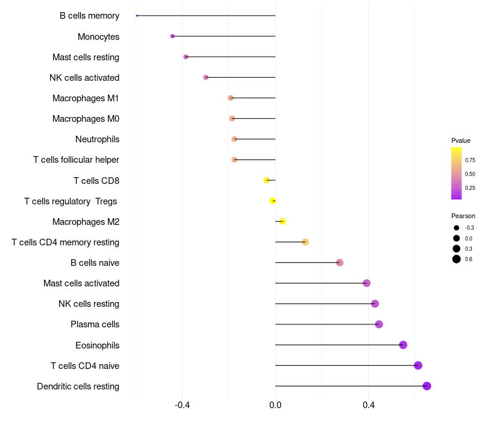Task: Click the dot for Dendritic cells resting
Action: (x=427, y=386)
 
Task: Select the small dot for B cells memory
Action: (x=137, y=16)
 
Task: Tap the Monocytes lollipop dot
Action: (x=172, y=36)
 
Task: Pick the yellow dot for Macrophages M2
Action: (x=283, y=221)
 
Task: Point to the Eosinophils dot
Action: (x=403, y=345)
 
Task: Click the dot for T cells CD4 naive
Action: (x=418, y=365)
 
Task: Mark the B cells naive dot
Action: (x=340, y=262)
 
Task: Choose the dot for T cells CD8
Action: (x=266, y=180)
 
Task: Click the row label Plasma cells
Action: (x=95, y=324)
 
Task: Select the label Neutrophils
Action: (x=97, y=139)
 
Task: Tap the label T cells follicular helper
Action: (x=76, y=160)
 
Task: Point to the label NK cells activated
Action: (x=84, y=78)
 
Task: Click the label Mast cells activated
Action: (x=81, y=283)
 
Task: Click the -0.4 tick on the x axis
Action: (x=183, y=405)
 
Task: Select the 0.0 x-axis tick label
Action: (x=275, y=405)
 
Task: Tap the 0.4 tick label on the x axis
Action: (x=368, y=405)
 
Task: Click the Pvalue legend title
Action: (x=461, y=140)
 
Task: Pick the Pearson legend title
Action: (x=463, y=216)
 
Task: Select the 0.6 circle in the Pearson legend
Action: (x=457, y=259)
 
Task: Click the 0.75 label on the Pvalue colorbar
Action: (x=470, y=160)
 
